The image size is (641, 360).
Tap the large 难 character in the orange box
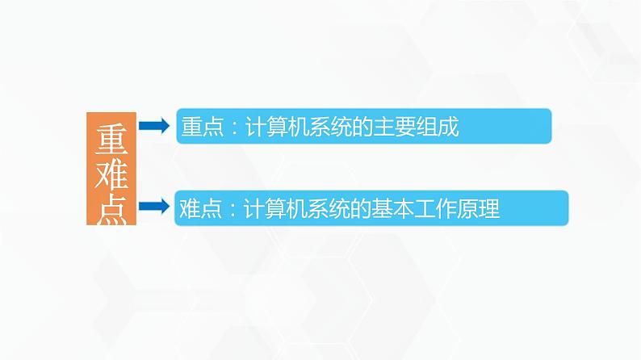pos(111,174)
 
